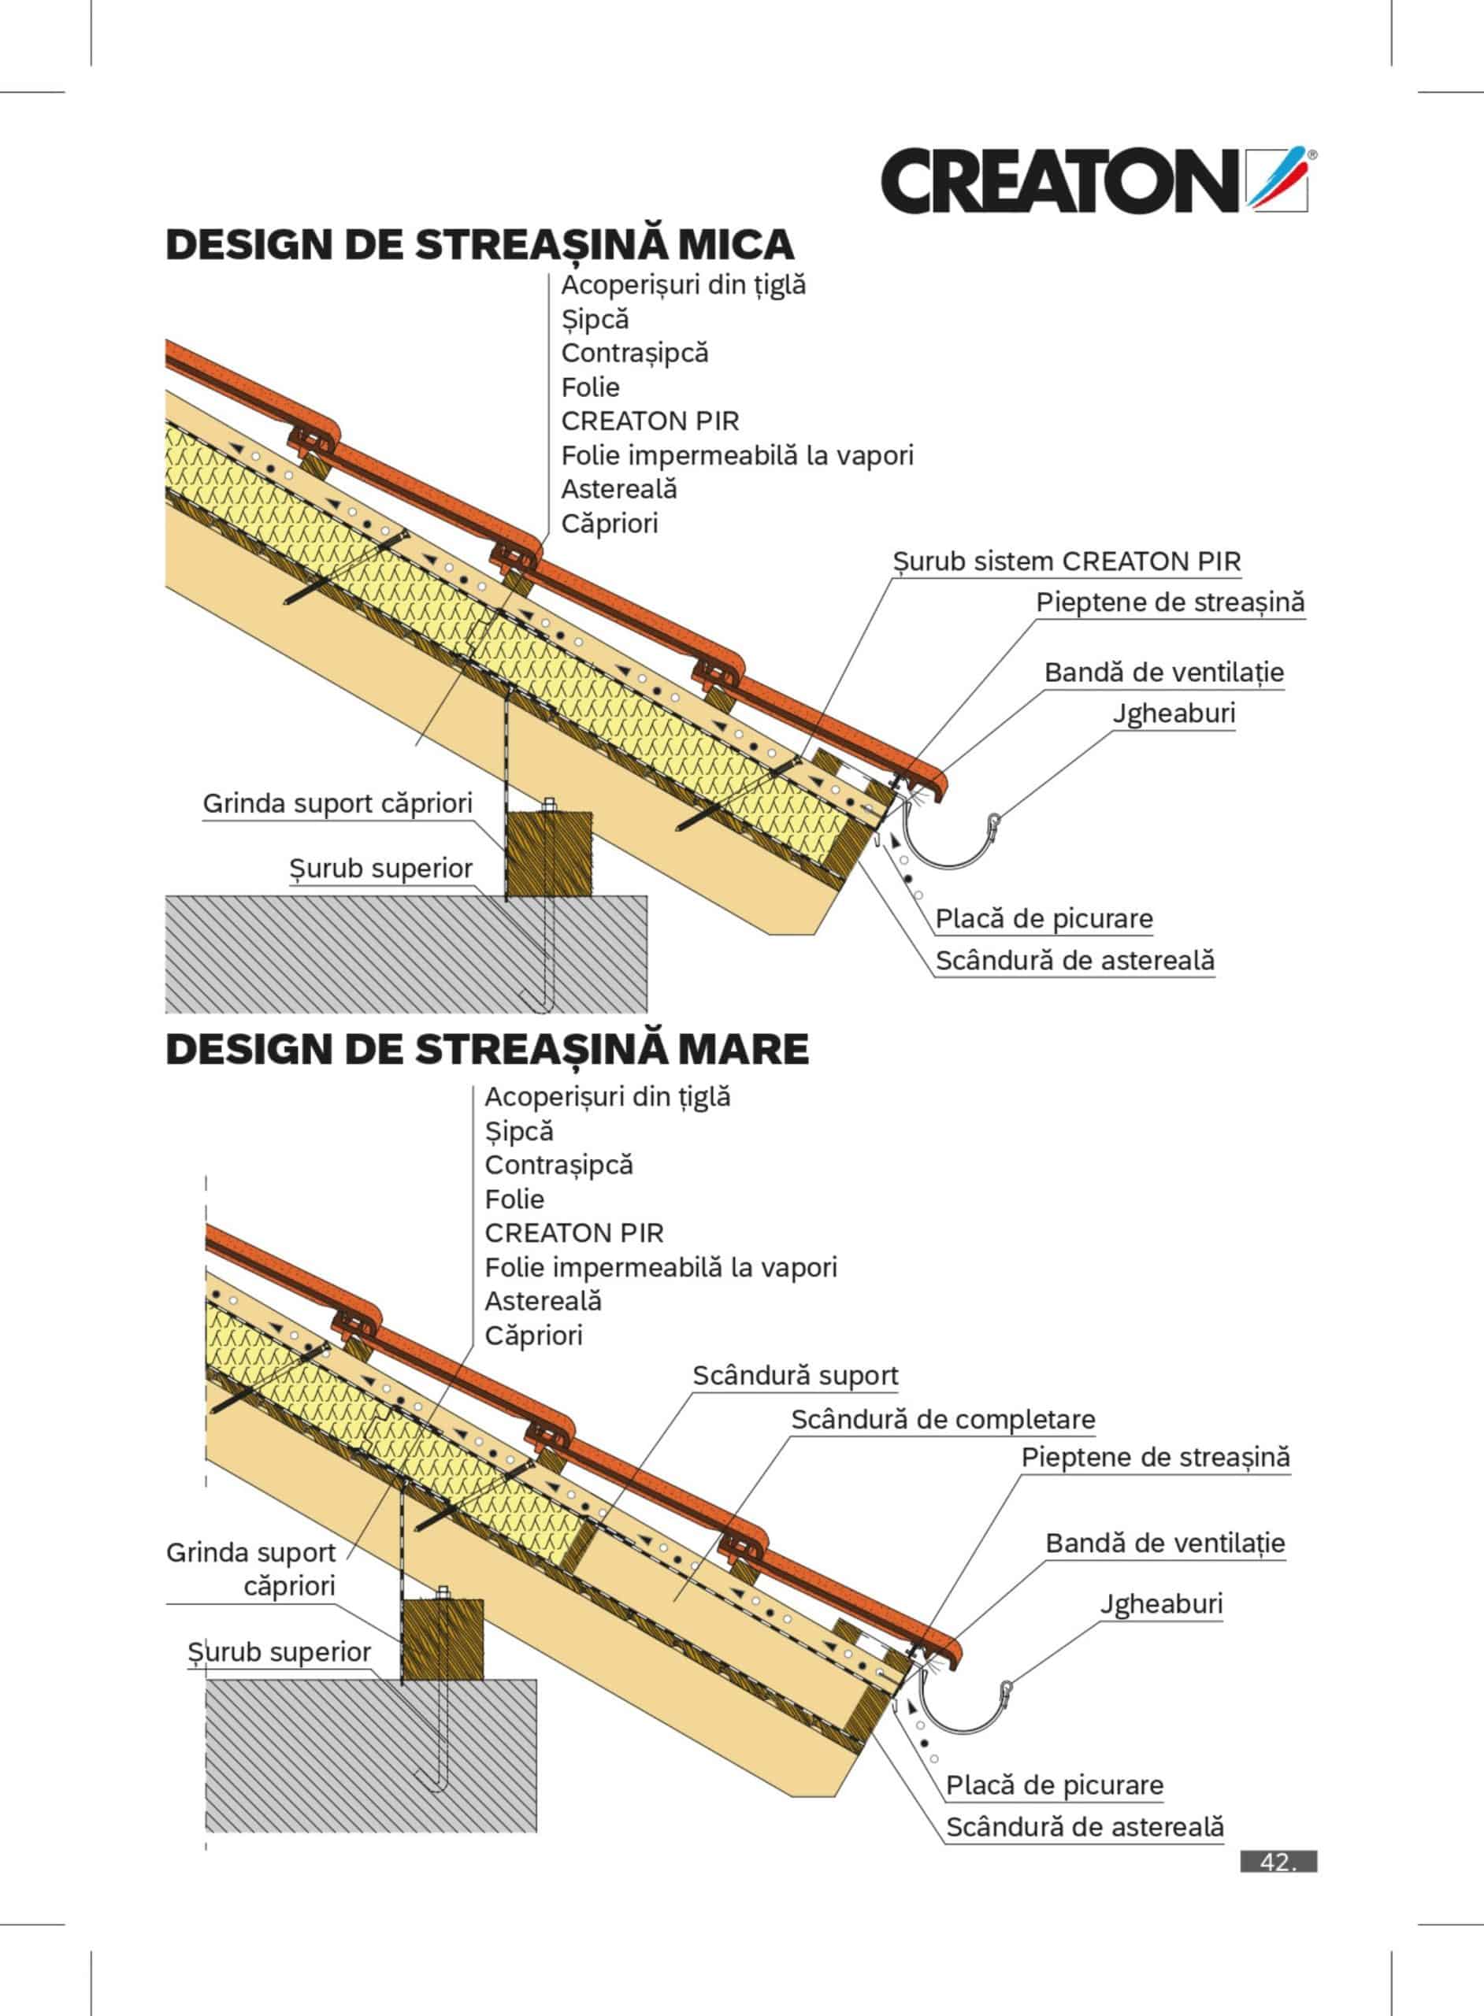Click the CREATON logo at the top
pos(1094,180)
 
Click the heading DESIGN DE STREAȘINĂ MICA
pos(480,245)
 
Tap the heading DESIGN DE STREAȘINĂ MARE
pos(487,1049)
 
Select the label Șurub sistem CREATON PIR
pos(1067,562)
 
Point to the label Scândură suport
pos(795,1376)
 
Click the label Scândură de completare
pos(942,1420)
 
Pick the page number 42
pos(1278,1862)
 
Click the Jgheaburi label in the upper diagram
pos(1173,714)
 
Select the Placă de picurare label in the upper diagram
pos(1043,919)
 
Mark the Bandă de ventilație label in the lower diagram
pos(1164,1543)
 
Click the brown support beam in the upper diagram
pos(549,854)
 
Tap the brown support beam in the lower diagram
pos(442,1640)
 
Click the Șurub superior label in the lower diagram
pos(279,1652)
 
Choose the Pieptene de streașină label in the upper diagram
pos(1170,602)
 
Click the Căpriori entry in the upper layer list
pos(609,524)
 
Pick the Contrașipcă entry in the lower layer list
pos(558,1165)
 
